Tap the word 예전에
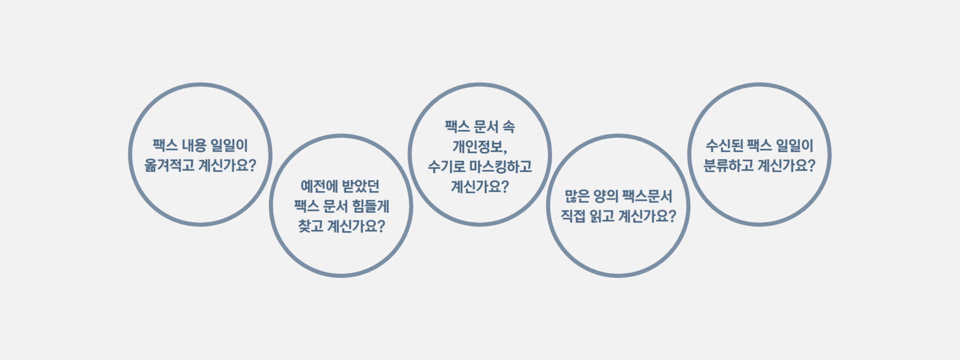(x=319, y=186)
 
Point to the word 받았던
(x=360, y=186)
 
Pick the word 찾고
(x=310, y=226)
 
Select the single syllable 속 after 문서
(x=508, y=126)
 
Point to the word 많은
(x=576, y=196)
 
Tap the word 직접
(x=572, y=216)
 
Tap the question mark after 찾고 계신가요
(x=381, y=226)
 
